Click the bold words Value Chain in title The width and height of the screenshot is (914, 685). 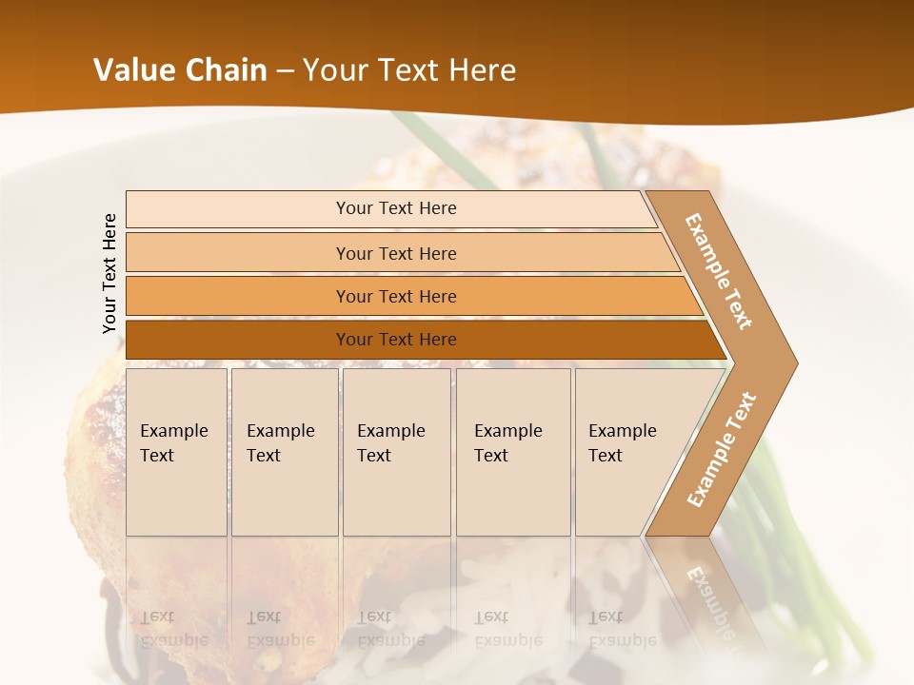(x=180, y=70)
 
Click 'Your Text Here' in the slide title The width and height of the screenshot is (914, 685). (x=409, y=70)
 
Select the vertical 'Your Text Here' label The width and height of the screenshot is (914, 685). (x=110, y=273)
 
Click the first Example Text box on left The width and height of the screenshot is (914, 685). (x=176, y=452)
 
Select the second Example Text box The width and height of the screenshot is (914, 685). (x=284, y=452)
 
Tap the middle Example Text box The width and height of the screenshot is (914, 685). (x=396, y=452)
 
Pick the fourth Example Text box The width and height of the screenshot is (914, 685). (x=512, y=452)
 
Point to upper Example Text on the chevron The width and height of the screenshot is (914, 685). (x=719, y=271)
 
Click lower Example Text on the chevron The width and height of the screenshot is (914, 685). (x=721, y=450)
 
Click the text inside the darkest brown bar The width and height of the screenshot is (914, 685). (x=396, y=340)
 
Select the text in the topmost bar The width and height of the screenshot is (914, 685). (x=396, y=208)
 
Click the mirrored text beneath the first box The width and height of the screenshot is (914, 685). (x=173, y=629)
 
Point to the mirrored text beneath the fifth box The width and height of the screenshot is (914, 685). (x=622, y=629)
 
